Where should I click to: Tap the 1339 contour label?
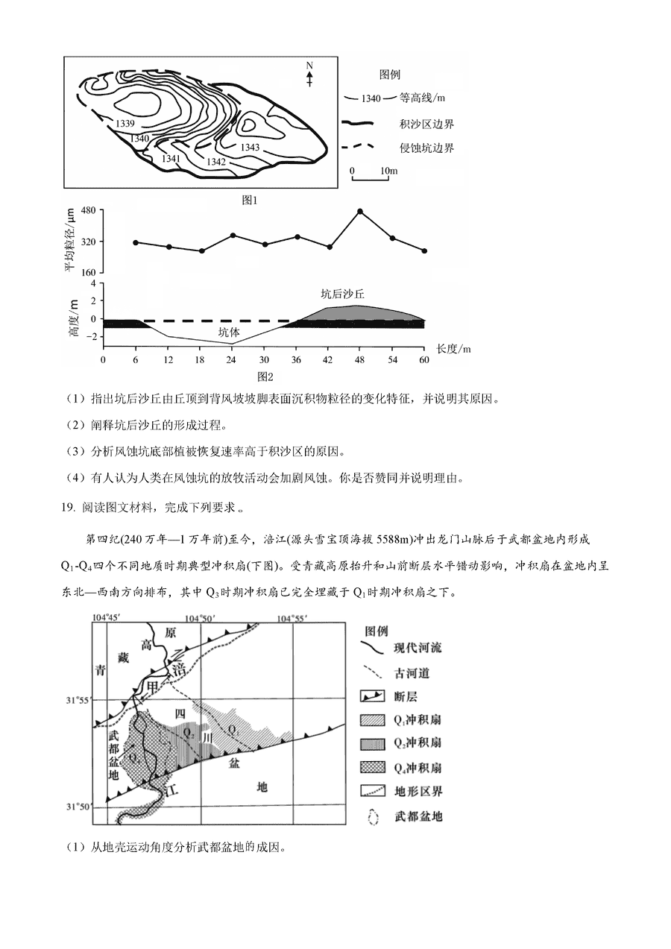click(125, 123)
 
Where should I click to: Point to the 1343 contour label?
click(250, 147)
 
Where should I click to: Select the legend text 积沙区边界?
click(426, 124)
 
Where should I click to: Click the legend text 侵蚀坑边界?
click(426, 148)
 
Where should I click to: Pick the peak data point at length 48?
click(360, 212)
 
